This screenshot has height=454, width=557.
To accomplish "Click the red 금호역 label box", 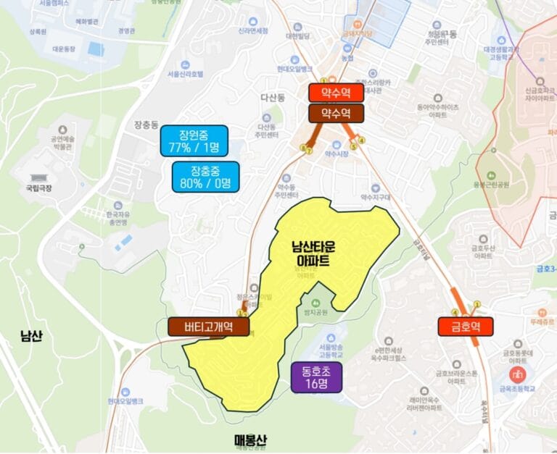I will coord(465,326).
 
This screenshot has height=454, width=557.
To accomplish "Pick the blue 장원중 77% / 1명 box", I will coord(194,141).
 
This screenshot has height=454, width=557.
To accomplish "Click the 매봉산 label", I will coord(252,440).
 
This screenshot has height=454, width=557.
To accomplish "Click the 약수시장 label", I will coord(337,154).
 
